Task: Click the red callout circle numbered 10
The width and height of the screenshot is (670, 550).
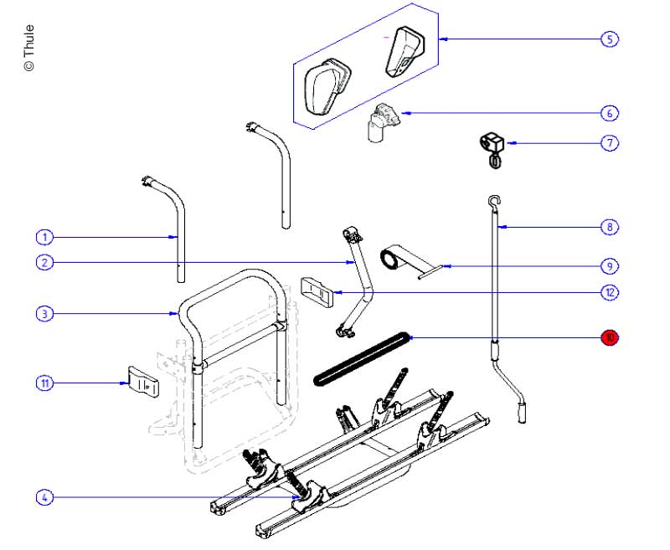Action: [x=610, y=337]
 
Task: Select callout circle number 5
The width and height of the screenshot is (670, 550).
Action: [x=610, y=39]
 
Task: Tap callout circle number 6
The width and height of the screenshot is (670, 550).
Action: [x=610, y=112]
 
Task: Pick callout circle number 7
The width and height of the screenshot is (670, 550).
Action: [x=610, y=143]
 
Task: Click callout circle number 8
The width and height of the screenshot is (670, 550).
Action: [x=610, y=226]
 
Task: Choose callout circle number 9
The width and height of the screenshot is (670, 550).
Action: [x=610, y=266]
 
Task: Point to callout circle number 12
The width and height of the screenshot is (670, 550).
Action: [x=610, y=292]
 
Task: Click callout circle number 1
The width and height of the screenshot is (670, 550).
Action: [x=45, y=237]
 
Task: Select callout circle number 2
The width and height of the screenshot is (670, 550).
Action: [x=45, y=263]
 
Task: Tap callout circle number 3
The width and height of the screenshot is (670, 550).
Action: [x=45, y=314]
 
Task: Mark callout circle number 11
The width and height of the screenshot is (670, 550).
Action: [x=45, y=383]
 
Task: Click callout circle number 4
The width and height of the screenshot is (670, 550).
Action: [x=45, y=497]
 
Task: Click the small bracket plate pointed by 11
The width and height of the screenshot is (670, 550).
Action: [x=142, y=383]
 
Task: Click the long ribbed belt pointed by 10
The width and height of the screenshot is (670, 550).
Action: [x=360, y=358]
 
